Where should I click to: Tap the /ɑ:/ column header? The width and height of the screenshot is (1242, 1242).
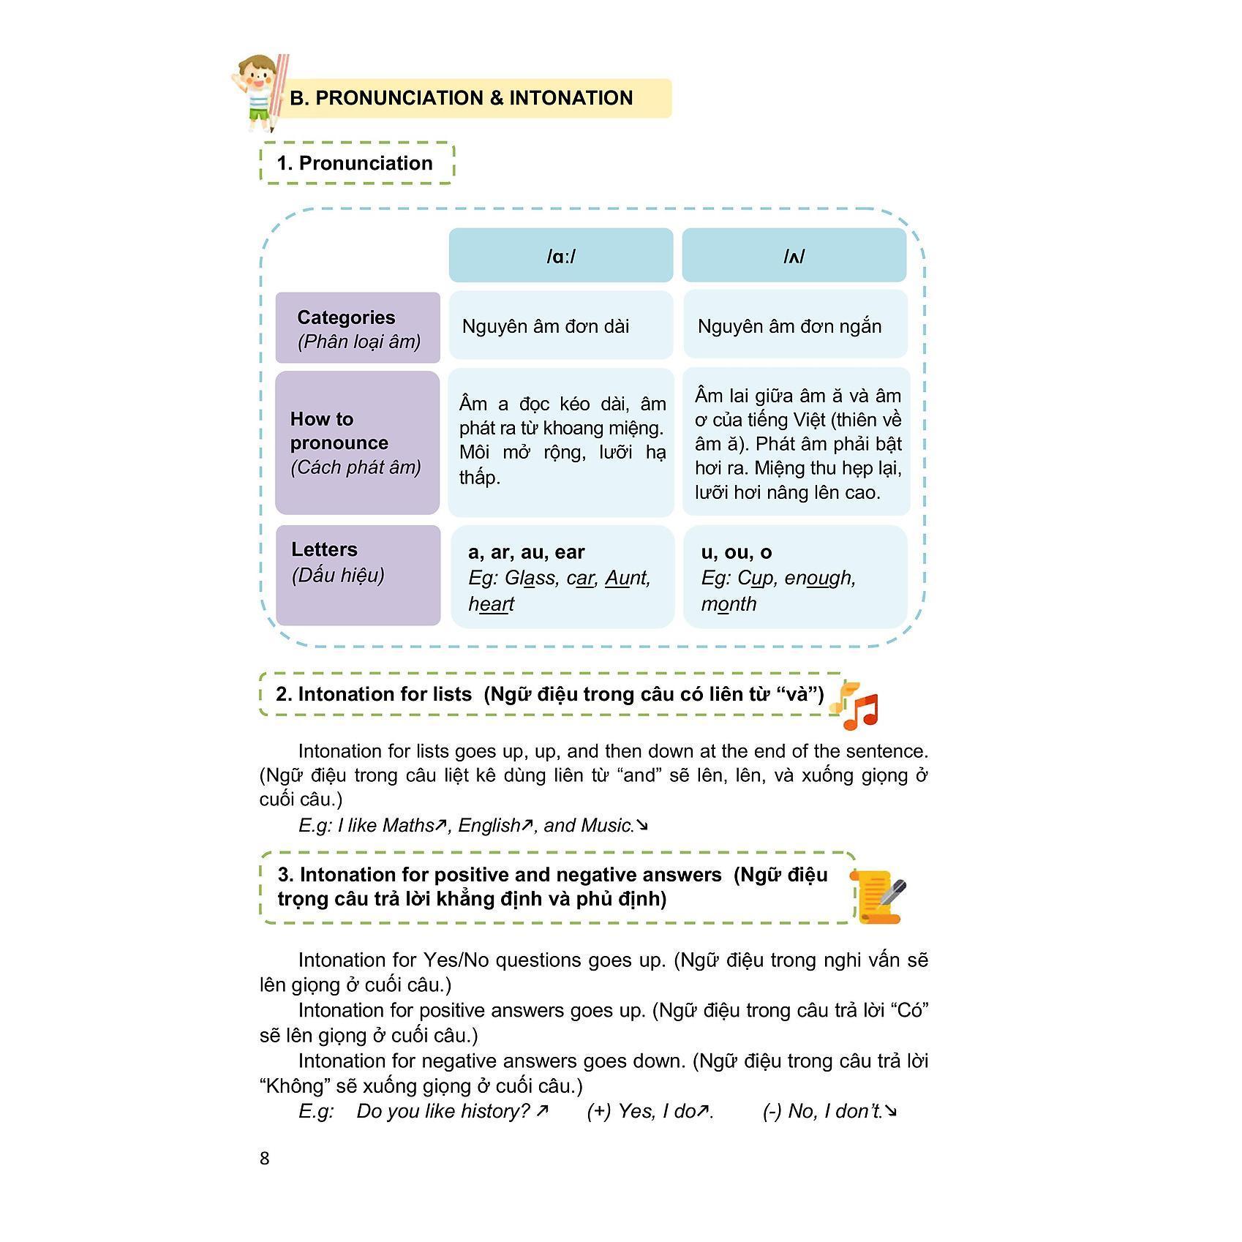560,255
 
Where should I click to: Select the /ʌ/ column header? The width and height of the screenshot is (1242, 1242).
794,255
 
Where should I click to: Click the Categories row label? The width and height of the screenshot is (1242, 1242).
358,328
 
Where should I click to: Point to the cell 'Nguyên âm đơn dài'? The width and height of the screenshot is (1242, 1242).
546,326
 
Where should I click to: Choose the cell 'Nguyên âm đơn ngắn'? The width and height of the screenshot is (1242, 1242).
789,326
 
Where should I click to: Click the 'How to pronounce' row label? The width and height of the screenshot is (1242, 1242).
357,443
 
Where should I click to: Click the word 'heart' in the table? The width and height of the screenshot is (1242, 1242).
491,604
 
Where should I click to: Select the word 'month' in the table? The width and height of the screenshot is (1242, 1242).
729,604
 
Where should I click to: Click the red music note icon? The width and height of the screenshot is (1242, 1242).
861,711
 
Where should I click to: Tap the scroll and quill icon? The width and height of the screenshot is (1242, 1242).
878,896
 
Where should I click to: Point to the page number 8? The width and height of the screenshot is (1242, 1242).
265,1159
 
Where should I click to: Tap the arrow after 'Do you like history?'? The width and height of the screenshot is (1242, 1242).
541,1111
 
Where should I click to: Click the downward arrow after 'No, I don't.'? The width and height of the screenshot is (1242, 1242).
891,1111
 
